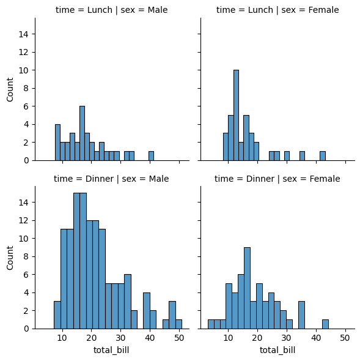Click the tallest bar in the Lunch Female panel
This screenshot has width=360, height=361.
tap(236, 115)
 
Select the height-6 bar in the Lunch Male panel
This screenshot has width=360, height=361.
tap(82, 133)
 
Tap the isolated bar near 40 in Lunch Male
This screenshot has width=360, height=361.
tap(151, 156)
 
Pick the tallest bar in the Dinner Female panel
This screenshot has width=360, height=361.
tap(247, 288)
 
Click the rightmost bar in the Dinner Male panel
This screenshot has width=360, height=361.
tap(178, 324)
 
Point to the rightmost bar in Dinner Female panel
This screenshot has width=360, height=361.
tap(325, 324)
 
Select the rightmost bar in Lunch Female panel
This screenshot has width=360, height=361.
tap(323, 156)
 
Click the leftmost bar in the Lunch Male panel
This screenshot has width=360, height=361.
tap(57, 143)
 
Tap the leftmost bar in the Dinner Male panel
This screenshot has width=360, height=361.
tap(57, 315)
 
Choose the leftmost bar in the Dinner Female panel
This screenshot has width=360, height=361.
tap(211, 324)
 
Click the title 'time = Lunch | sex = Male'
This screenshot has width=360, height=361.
tap(112, 10)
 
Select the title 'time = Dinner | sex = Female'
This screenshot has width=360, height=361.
tap(277, 179)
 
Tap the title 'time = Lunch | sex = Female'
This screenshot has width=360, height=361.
tap(277, 10)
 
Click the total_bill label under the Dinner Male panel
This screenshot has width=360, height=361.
tap(111, 350)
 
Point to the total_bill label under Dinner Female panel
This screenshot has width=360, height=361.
tap(277, 350)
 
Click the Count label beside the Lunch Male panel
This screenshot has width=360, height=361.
tap(10, 89)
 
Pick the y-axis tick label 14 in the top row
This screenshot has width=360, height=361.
tap(23, 34)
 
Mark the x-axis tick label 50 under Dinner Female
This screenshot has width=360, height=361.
tap(345, 338)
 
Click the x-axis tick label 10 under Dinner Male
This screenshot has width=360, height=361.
tap(62, 338)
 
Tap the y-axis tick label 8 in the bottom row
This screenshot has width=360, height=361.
tap(26, 256)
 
